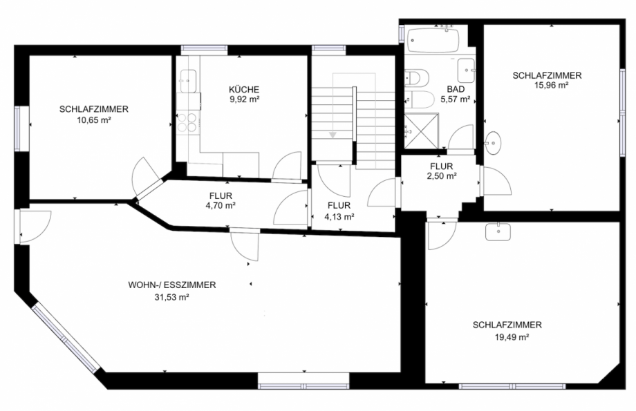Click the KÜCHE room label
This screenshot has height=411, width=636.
pos(244,89)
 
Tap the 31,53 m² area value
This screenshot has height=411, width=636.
pos(172,297)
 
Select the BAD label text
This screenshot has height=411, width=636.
pos(456,89)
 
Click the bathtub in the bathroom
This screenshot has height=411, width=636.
pos(433,40)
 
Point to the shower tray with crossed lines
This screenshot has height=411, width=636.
pos(422,131)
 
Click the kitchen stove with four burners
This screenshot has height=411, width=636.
pos(187,123)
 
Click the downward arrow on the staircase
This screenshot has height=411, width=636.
pos(333,135)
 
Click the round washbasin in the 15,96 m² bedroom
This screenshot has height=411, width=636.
pos(493,143)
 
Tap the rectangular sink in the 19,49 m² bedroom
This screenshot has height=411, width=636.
pos(498,232)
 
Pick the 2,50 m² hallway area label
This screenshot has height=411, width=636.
pos(442,176)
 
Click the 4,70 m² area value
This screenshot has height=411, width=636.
pos(221,206)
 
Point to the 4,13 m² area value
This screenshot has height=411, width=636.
pos(339,217)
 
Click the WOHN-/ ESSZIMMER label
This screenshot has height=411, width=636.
pos(172,285)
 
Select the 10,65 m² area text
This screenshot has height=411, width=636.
pos(94,120)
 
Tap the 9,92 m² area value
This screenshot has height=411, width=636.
pos(244,99)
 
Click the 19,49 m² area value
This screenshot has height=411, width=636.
pos(512,337)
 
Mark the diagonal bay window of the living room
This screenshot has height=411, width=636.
pos(66,339)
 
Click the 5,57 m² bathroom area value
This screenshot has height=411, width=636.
pos(455,99)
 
